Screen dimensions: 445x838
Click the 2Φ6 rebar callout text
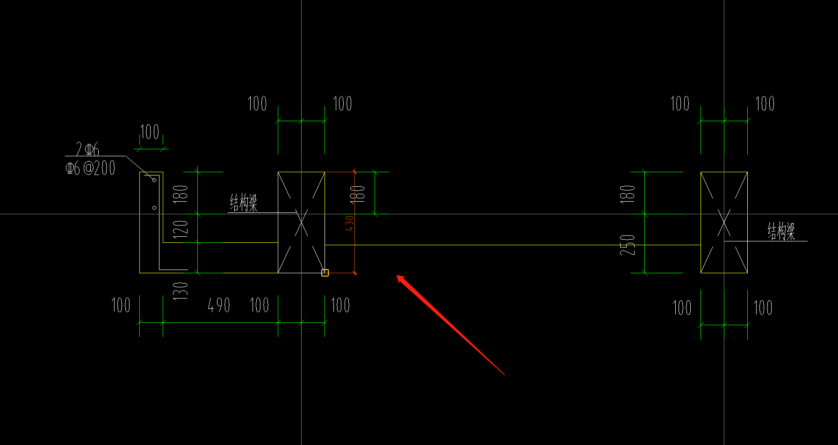pos(88,149)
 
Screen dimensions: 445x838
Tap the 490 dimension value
pos(219,306)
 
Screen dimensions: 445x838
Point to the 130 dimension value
pos(181,291)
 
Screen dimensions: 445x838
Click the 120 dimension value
pos(181,228)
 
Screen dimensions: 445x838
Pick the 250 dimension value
pos(628,245)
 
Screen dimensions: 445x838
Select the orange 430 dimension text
pos(349,223)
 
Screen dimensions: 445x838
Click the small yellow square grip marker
pos(325,273)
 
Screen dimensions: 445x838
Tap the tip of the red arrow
pos(397,276)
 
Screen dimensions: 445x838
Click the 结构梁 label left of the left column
pos(244,203)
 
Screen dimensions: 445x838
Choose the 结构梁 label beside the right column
pos(781,231)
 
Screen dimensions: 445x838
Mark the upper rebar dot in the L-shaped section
pos(154,180)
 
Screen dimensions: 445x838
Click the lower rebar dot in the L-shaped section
pos(154,207)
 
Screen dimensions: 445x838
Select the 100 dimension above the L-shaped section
pos(150,132)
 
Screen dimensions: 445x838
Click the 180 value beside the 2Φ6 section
pos(181,193)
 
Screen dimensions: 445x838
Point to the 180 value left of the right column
pos(628,193)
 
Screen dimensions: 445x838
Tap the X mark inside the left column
pos(301,223)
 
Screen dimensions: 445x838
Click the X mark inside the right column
pos(724,223)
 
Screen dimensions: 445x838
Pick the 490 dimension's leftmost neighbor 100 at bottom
pos(121,306)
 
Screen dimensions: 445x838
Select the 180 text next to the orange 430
pos(358,193)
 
